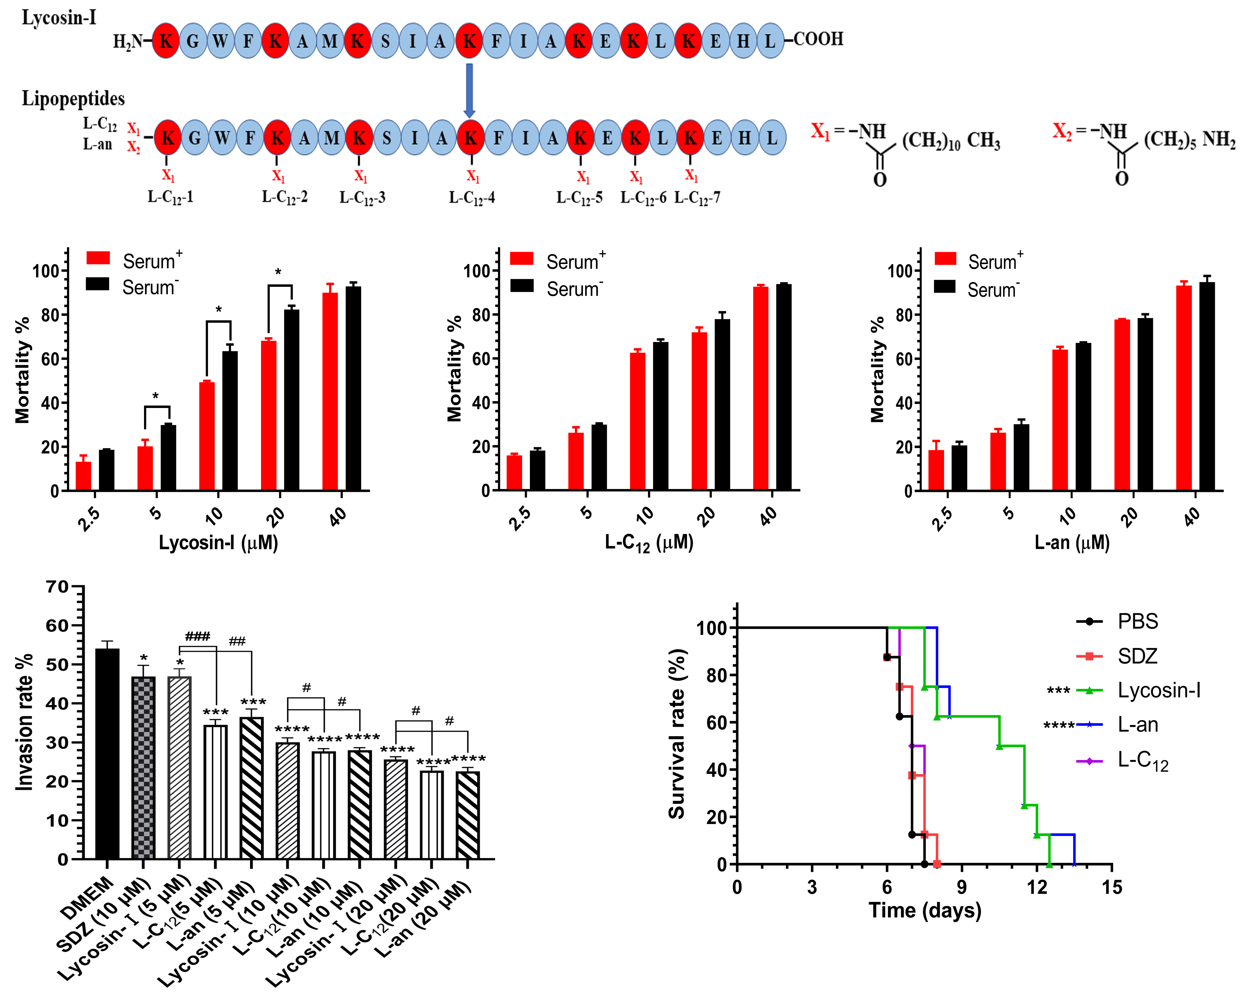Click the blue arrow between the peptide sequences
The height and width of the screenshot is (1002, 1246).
point(469,90)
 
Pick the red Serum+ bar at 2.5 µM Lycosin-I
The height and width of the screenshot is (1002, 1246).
point(84,475)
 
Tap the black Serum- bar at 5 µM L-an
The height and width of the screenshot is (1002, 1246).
point(1021,457)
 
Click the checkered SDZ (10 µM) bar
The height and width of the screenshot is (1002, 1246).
point(143,767)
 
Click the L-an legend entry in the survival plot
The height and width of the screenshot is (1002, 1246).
point(1137,724)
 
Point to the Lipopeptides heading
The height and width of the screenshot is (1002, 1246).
point(73,99)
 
